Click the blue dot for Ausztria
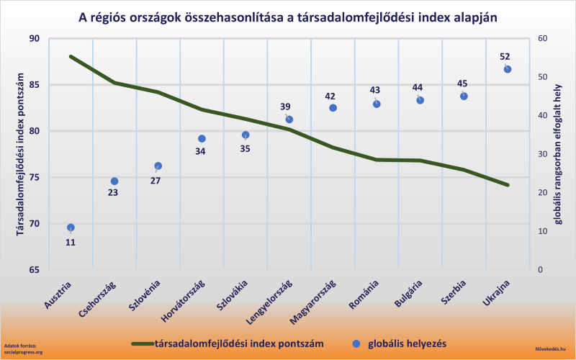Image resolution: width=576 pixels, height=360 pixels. tap(71, 228)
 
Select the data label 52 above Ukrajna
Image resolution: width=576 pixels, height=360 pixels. tap(505, 56)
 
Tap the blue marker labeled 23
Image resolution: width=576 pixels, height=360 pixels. tap(114, 181)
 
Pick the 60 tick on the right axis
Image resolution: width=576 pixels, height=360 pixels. tap(543, 39)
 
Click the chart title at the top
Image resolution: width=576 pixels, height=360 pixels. tap(287, 17)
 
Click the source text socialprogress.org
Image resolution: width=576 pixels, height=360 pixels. tap(24, 352)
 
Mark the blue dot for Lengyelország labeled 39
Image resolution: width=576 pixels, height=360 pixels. tap(289, 120)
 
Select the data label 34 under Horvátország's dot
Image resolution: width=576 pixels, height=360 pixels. tap(201, 151)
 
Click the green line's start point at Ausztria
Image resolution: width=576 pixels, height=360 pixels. tap(71, 56)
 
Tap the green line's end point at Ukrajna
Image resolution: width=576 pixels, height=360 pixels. tap(508, 185)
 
